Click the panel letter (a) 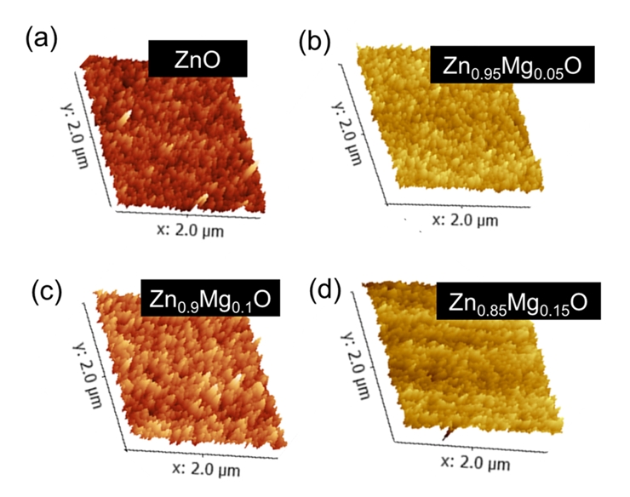(43, 38)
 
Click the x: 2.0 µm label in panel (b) (465, 219)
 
